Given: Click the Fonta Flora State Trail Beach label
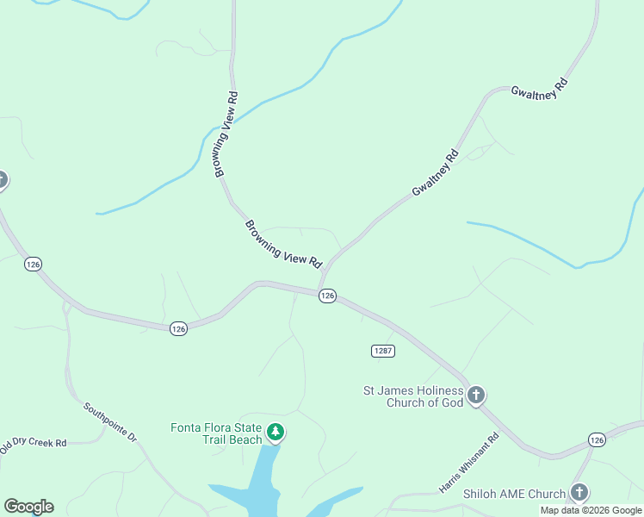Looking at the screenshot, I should click(215, 433).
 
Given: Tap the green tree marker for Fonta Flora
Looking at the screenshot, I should click(275, 432).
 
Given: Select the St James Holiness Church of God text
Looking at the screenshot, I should click(413, 396).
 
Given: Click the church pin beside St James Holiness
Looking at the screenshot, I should click(475, 396).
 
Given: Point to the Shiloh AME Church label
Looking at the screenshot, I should click(514, 494).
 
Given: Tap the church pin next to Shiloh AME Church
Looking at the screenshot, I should click(579, 493).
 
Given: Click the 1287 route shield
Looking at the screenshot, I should click(383, 351).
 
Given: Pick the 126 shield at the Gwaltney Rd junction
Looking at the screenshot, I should click(327, 296).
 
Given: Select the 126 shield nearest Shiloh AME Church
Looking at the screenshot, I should click(597, 440).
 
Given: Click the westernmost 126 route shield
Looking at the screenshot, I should click(34, 264).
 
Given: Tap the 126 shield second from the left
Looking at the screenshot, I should click(178, 328).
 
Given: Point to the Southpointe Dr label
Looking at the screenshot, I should click(110, 421).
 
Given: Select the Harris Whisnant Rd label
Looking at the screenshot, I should click(469, 464).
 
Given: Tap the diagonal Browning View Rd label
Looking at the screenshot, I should click(282, 243).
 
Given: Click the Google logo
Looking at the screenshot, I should click(28, 507).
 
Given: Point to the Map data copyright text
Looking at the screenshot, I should click(591, 510).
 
